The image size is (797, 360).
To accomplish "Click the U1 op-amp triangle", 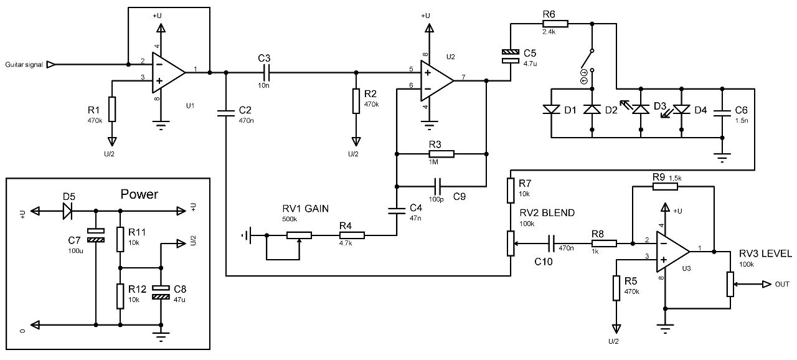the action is click(x=168, y=73).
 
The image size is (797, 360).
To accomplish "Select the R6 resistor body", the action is click(x=555, y=24).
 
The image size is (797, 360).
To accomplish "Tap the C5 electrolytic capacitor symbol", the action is click(x=511, y=56).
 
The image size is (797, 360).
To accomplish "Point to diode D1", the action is click(x=551, y=110).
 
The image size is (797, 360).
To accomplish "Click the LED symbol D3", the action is click(x=641, y=110).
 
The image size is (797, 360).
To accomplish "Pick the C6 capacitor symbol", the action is click(x=722, y=113).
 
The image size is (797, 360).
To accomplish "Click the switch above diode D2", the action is click(x=587, y=60).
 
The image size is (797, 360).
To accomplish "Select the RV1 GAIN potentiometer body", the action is click(x=299, y=235).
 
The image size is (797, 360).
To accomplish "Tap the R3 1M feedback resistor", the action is click(x=441, y=154).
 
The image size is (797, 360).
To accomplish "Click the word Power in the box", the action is click(x=139, y=194).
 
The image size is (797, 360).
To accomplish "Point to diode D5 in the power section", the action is click(x=68, y=211).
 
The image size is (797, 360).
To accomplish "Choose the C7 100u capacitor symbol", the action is click(x=96, y=235).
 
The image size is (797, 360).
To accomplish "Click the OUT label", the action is click(x=782, y=284).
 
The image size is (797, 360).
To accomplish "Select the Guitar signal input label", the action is click(x=24, y=65).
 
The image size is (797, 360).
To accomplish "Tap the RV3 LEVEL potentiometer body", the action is click(x=730, y=284).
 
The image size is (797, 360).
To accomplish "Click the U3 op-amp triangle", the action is click(x=672, y=252).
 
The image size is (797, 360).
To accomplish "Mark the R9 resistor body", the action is click(x=665, y=186).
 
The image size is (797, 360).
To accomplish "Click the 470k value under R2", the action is click(x=372, y=105).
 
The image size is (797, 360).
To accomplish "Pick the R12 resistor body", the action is click(x=120, y=296).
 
